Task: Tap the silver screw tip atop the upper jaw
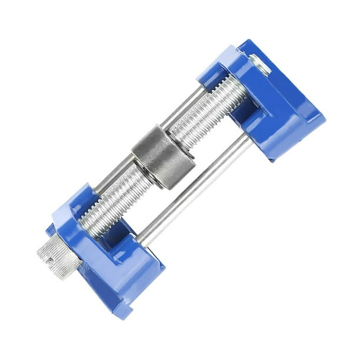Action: coord(259,64)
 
